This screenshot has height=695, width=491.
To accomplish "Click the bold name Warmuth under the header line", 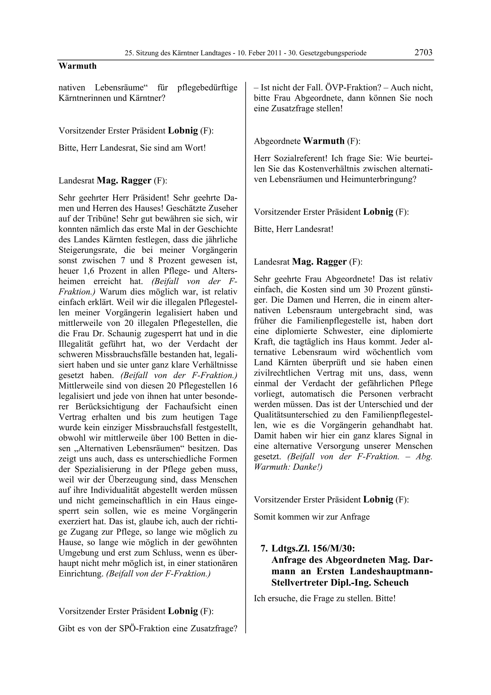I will tap(77, 66).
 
